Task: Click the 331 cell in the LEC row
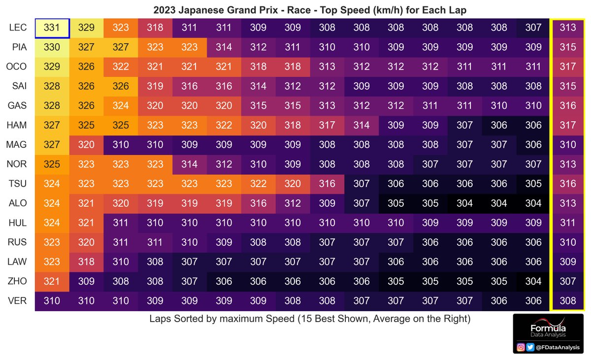[52, 28]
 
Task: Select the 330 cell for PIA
[52, 47]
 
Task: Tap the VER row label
[18, 300]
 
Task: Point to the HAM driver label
[18, 125]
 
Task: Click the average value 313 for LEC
[568, 28]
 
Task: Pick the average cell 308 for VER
[568, 300]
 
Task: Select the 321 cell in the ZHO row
[52, 281]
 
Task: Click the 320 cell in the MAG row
[87, 145]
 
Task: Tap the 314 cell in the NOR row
[190, 164]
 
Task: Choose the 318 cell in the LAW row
[87, 262]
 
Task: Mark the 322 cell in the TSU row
[259, 184]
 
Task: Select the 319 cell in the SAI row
[155, 86]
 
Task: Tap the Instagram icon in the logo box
[521, 347]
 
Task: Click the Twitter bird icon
[531, 347]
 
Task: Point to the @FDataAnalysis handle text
[558, 348]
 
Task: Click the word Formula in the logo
[548, 328]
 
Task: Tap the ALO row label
[18, 203]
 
